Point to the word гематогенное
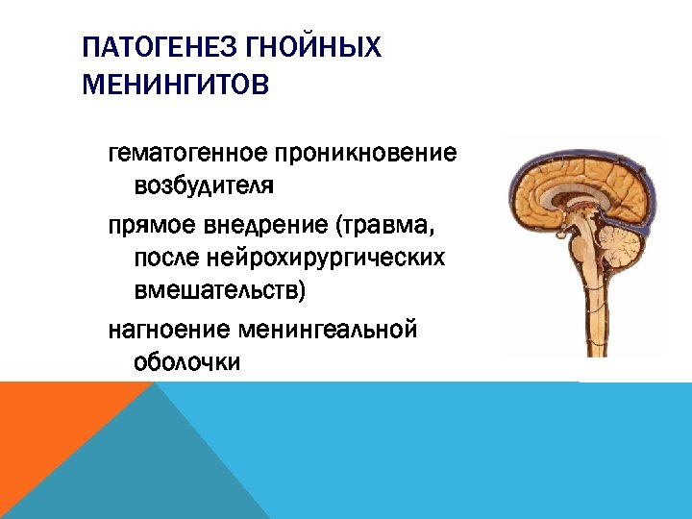tap(189, 153)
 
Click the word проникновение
tap(366, 153)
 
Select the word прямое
tap(153, 227)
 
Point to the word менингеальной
tap(327, 331)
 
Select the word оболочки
tap(187, 361)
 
